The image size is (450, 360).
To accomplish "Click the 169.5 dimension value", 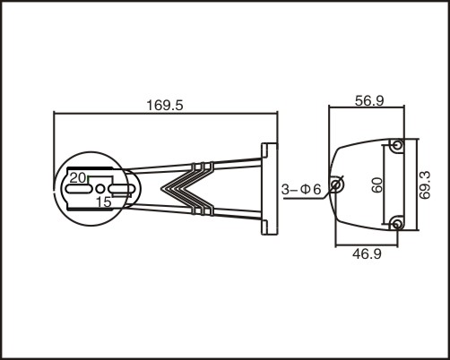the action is click(165, 106).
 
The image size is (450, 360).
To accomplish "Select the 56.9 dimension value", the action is click(369, 101).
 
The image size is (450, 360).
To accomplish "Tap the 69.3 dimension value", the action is click(425, 184).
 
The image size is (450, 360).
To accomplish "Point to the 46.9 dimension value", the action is click(367, 254).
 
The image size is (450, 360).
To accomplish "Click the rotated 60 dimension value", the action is click(377, 185).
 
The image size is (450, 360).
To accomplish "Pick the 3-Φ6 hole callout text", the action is click(301, 189).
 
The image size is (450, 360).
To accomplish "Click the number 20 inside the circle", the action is click(78, 178).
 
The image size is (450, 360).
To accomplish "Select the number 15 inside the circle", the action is click(104, 202).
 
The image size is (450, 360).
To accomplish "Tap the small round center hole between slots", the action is click(100, 189).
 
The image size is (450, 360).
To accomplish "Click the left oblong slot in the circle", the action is click(78, 189).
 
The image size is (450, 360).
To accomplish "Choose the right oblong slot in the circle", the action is click(122, 189).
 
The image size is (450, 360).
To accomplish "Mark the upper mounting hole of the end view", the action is click(397, 145).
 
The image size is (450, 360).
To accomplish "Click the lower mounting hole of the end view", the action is click(397, 224).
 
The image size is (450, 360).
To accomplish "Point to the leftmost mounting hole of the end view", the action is click(336, 185).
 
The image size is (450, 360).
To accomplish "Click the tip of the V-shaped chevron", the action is click(161, 188).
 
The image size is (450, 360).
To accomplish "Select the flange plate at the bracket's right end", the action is click(270, 189).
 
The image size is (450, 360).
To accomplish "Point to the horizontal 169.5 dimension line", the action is click(166, 113).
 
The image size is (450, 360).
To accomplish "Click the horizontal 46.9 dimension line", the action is click(367, 246).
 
